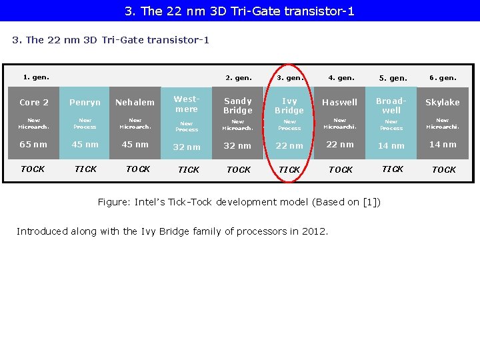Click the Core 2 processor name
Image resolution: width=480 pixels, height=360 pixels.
coord(34,103)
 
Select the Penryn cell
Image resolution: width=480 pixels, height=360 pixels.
coord(85,103)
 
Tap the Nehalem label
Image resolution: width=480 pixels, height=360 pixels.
coord(135,103)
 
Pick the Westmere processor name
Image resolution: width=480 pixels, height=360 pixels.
coord(187,104)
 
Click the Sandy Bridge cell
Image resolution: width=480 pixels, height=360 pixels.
coord(238,105)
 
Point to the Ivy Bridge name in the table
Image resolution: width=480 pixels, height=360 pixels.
coord(289,105)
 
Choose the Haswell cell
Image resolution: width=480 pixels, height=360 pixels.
coord(340,103)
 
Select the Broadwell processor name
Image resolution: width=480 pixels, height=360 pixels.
coord(391,105)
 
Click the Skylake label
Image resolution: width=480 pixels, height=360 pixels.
coord(443,103)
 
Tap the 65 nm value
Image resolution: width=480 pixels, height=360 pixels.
coord(33,145)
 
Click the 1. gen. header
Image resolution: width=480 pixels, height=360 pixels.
coord(36,77)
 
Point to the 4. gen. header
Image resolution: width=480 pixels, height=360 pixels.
coord(341,78)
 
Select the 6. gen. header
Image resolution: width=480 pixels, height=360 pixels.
coord(443,78)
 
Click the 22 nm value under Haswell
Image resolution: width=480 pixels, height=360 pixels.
coord(340,145)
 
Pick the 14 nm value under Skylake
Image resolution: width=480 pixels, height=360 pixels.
coord(443,145)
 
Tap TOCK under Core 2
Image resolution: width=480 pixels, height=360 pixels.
coord(33,169)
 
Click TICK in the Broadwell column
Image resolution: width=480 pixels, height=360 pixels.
coord(392,169)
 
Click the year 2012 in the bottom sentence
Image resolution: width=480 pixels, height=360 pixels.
coord(314,232)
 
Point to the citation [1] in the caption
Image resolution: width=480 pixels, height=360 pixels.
coord(370,202)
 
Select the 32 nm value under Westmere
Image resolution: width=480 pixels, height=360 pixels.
coord(187,147)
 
